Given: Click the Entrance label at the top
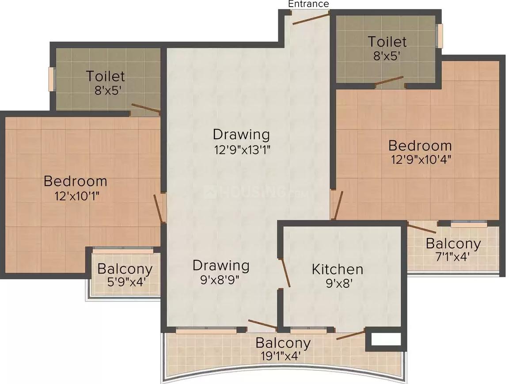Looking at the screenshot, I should click(308, 4).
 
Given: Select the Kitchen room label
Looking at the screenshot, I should click(338, 269).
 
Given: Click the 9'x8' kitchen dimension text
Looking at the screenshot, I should click(338, 283).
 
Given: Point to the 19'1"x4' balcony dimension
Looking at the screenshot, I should click(283, 356).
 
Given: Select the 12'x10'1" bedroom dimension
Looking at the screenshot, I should click(76, 195).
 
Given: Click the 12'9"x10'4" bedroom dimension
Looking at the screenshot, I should click(420, 159).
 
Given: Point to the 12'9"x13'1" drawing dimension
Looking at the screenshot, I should click(242, 149).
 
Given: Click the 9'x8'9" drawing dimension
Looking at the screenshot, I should click(221, 280).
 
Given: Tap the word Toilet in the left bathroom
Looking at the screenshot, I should click(105, 76).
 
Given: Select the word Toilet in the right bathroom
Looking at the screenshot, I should click(387, 42).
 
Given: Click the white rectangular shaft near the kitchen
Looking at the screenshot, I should click(386, 339).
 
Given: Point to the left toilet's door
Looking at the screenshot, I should click(146, 108).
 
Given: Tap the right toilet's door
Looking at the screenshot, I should click(389, 82).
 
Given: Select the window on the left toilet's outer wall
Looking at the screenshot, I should click(51, 79).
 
